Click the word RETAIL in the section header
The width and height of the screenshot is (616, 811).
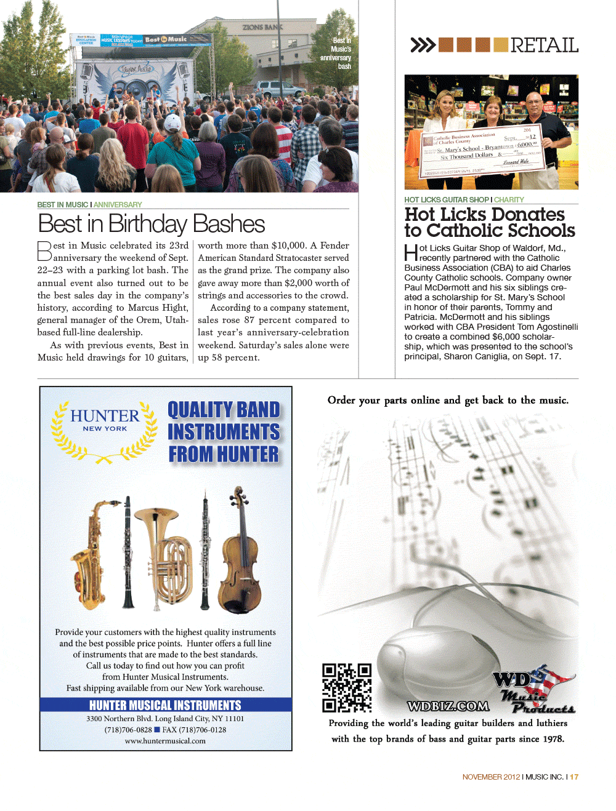point(544,45)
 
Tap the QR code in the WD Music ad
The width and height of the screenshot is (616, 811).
point(347,687)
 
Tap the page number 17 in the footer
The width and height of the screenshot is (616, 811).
point(574,777)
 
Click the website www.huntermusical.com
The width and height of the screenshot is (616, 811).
point(165,741)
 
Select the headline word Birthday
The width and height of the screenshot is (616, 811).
point(148,224)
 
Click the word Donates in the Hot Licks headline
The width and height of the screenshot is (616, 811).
point(527,214)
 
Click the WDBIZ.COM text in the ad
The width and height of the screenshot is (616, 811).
point(448,706)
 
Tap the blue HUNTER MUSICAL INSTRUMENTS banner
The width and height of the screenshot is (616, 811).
point(165,705)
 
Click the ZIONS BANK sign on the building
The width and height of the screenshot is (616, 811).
point(262,27)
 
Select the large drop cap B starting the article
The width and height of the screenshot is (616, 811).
point(44,251)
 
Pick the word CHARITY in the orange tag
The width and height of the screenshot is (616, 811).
point(509,200)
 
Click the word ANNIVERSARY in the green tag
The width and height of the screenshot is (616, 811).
point(118,205)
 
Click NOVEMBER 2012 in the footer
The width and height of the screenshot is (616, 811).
point(491,777)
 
